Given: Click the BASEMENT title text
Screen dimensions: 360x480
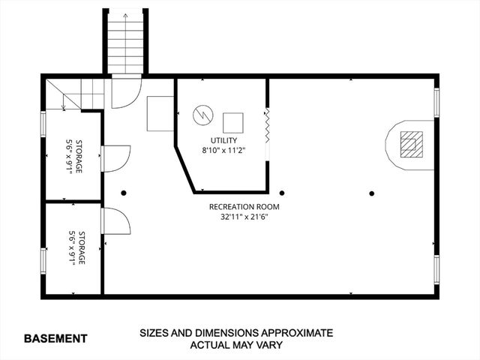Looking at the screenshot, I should pyautogui.click(x=55, y=338).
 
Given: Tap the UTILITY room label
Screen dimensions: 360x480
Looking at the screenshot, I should pyautogui.click(x=224, y=140).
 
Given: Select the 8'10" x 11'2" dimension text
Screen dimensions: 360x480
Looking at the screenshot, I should pyautogui.click(x=224, y=151).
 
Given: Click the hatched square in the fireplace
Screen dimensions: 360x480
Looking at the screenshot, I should pyautogui.click(x=409, y=142).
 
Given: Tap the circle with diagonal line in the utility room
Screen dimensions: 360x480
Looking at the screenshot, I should pyautogui.click(x=203, y=116).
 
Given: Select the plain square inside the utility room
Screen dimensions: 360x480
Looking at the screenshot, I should pyautogui.click(x=233, y=123).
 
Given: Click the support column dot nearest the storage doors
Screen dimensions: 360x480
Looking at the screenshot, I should pyautogui.click(x=124, y=192).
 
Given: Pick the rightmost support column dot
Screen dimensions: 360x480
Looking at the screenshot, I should pyautogui.click(x=371, y=192).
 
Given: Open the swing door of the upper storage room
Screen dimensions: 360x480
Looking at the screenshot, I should pyautogui.click(x=115, y=157).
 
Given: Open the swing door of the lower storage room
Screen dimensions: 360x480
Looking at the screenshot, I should pyautogui.click(x=115, y=220).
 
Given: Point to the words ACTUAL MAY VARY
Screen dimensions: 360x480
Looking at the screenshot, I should pyautogui.click(x=235, y=345).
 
